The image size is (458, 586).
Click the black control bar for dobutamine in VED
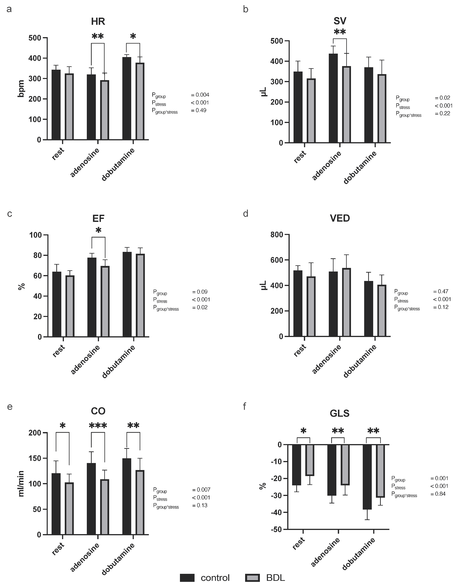[368, 309]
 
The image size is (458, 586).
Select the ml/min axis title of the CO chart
[21, 484]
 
